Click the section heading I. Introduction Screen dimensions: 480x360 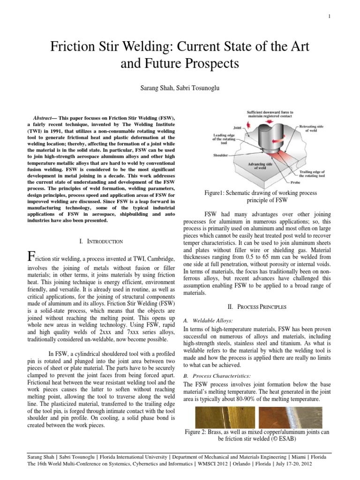click(x=102, y=241)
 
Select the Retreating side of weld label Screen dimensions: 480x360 click(x=313, y=129)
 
